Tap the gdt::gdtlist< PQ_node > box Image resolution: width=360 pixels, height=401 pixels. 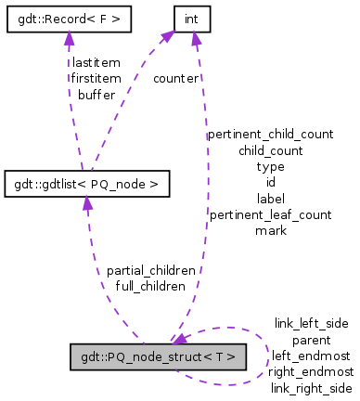pyautogui.click(x=87, y=185)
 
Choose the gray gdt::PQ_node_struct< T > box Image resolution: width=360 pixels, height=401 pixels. pyautogui.click(x=158, y=357)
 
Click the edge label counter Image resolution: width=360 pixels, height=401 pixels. pyautogui.click(x=175, y=79)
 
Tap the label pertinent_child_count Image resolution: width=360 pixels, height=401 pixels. pyautogui.click(x=270, y=134)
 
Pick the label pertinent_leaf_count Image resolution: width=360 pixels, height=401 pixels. pyautogui.click(x=270, y=214)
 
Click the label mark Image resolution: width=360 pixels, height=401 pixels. pyautogui.click(x=270, y=230)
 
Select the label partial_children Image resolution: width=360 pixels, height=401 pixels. pyautogui.click(x=150, y=270)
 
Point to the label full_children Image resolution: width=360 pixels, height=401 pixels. pyautogui.click(x=150, y=286)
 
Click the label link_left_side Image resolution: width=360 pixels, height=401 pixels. pyautogui.click(x=311, y=323)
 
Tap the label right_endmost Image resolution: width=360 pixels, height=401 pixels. pyautogui.click(x=311, y=371)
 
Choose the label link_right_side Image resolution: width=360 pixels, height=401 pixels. pyautogui.click(x=311, y=387)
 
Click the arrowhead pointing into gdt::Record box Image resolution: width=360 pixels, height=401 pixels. pyautogui.click(x=67, y=36)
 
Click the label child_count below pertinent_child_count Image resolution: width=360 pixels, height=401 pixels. pyautogui.click(x=270, y=149)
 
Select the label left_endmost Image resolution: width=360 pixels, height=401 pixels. pyautogui.click(x=311, y=356)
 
